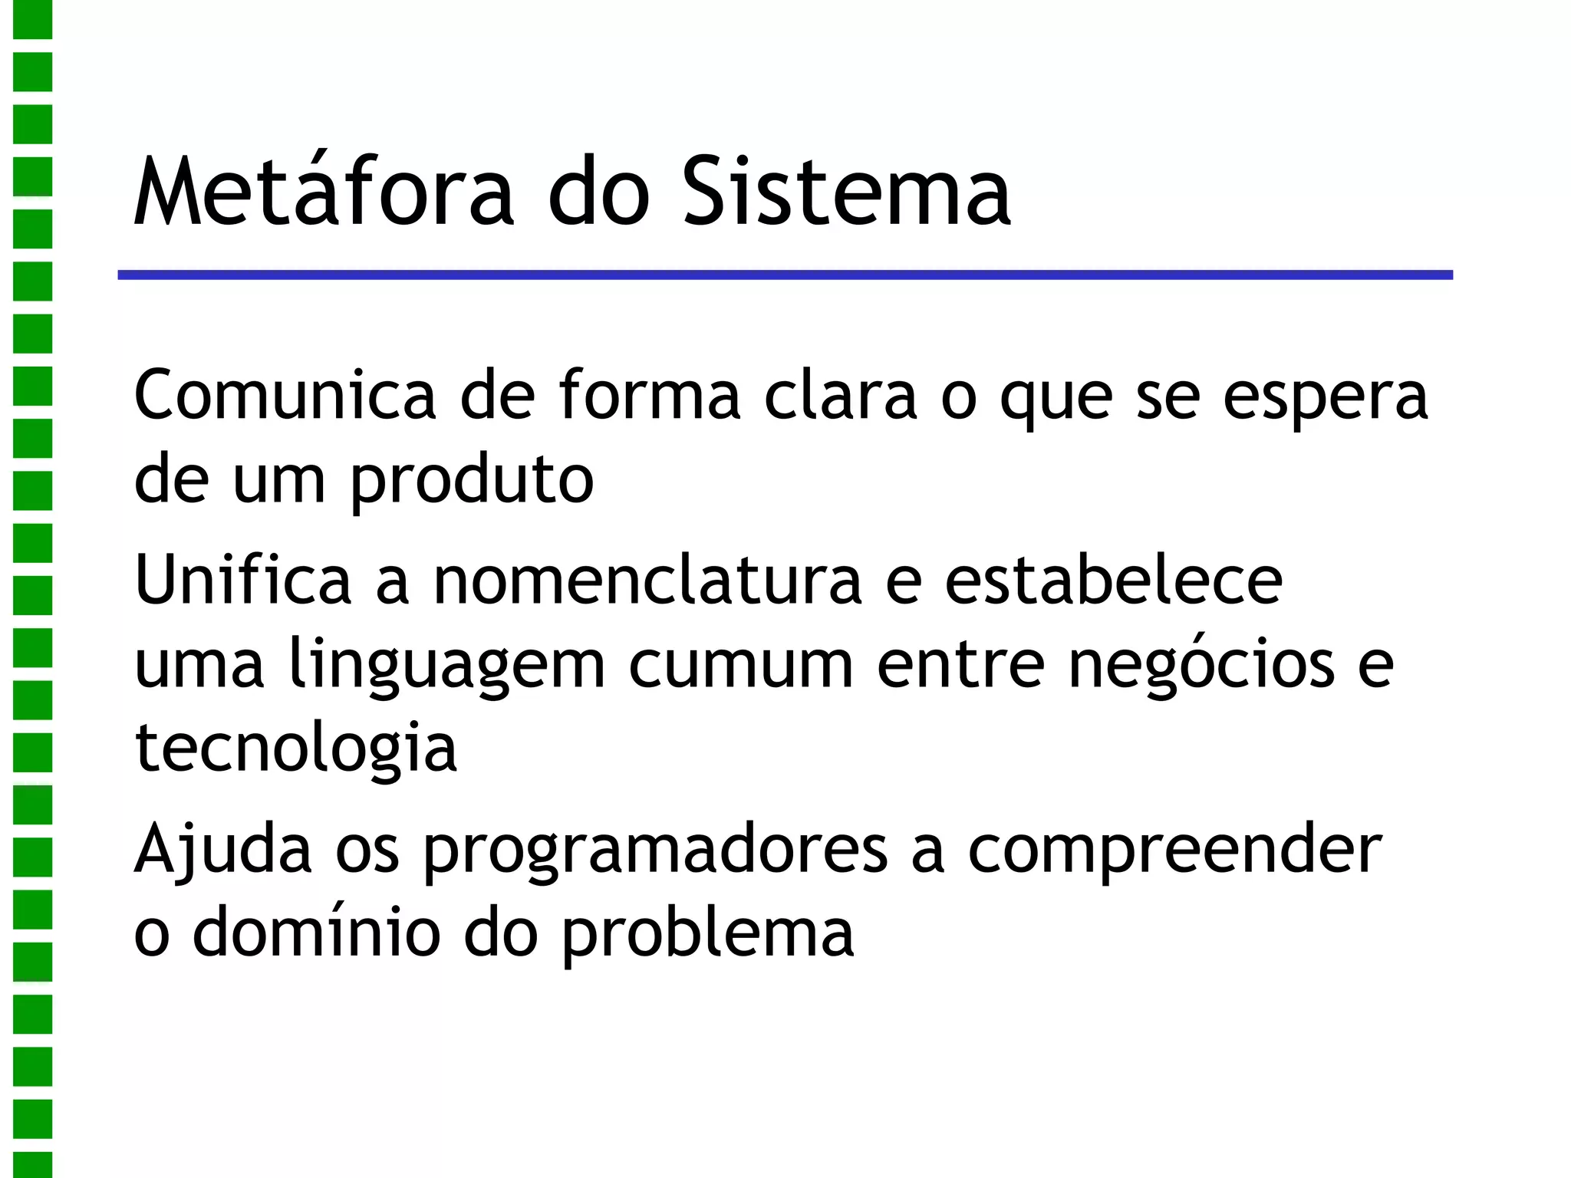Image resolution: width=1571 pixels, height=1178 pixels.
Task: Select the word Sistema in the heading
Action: point(847,192)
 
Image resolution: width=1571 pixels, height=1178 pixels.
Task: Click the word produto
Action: point(472,482)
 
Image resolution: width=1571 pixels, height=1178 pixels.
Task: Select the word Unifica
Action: point(242,580)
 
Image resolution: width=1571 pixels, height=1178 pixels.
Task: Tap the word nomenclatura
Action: point(647,580)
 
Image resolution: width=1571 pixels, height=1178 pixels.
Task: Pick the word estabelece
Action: point(1113,580)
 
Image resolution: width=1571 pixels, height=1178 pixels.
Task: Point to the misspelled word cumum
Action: point(741,664)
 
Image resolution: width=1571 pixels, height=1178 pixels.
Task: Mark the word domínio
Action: point(316,933)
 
